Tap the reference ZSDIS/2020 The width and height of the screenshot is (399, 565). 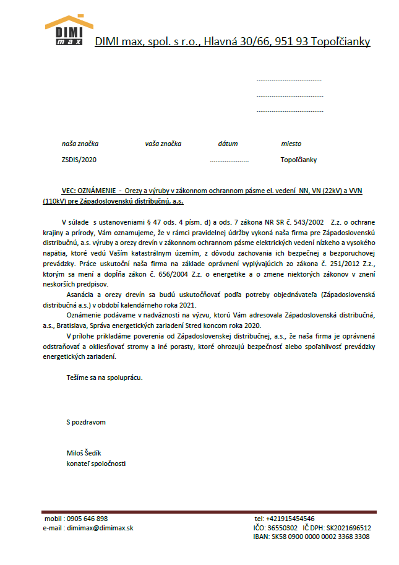coord(79,160)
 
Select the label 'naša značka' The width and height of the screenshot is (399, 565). coord(80,144)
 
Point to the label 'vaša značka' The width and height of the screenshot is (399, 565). coord(163,144)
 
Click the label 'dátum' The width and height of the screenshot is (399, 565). coord(228,144)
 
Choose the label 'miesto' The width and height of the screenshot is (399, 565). coord(291,144)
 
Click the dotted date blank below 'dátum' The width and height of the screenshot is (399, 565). coord(229,160)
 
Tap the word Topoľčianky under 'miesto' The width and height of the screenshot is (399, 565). coord(298,160)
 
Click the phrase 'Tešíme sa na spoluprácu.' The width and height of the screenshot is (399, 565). coord(105,377)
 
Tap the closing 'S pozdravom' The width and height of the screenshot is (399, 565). coord(86,422)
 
